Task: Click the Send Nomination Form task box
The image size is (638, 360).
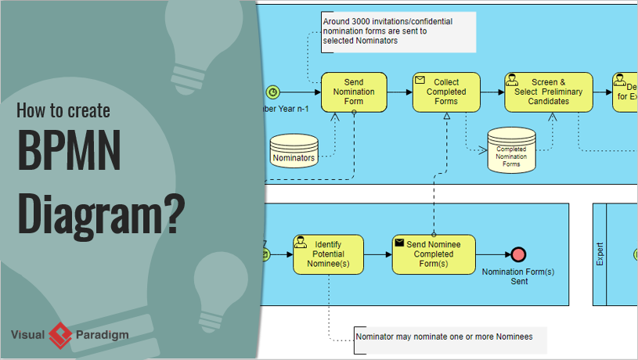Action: (354, 92)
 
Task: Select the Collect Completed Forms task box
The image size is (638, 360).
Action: (445, 92)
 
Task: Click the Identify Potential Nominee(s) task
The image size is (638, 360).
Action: (328, 254)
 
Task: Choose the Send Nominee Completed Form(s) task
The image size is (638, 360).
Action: (433, 254)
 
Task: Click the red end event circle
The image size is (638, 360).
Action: (518, 254)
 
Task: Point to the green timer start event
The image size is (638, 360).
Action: (272, 92)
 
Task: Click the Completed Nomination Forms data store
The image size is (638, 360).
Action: (511, 150)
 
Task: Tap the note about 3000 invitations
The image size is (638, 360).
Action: (398, 32)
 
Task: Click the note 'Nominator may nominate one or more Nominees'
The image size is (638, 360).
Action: (449, 337)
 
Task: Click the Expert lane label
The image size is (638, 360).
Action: (600, 254)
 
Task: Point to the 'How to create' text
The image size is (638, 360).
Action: (64, 110)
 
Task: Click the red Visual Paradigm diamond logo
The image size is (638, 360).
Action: (60, 335)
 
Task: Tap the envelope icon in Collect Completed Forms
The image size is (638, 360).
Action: (420, 80)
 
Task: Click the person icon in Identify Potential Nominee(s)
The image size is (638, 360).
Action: (301, 242)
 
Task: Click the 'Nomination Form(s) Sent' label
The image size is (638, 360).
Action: (518, 276)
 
